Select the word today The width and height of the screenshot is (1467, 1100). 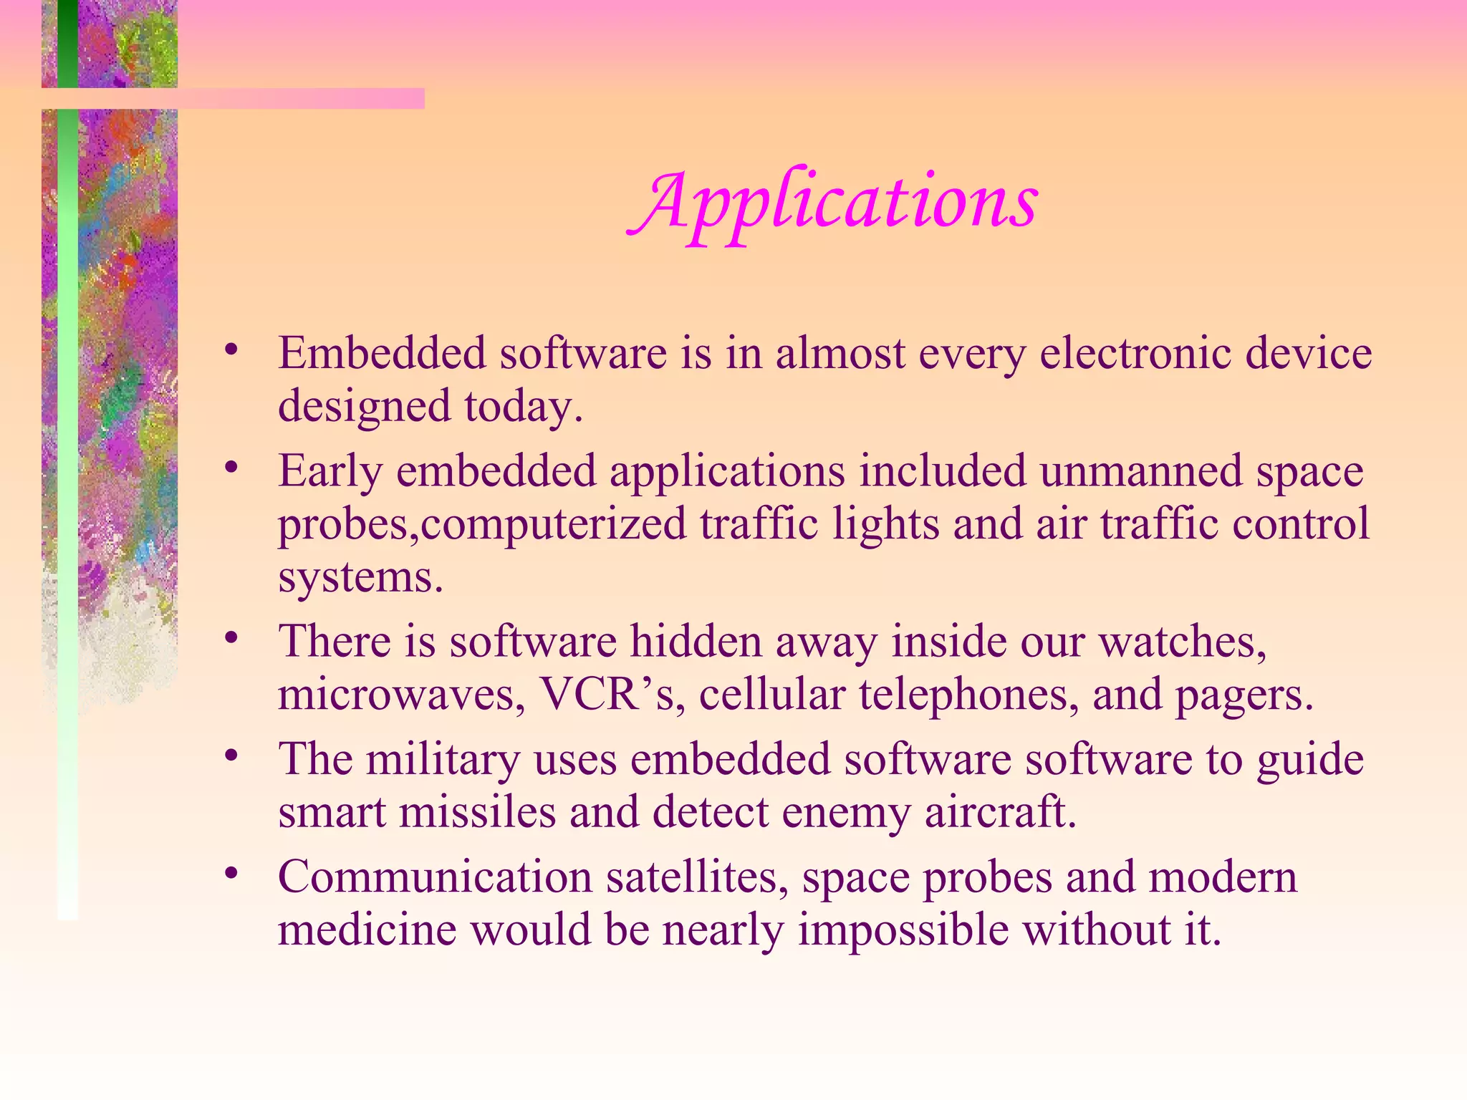pyautogui.click(x=524, y=407)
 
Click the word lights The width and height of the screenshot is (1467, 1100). pyautogui.click(x=885, y=524)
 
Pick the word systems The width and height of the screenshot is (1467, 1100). pyautogui.click(x=360, y=577)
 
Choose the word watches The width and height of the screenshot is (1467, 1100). pyautogui.click(x=1183, y=642)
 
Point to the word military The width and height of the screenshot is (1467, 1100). pyautogui.click(x=443, y=760)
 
